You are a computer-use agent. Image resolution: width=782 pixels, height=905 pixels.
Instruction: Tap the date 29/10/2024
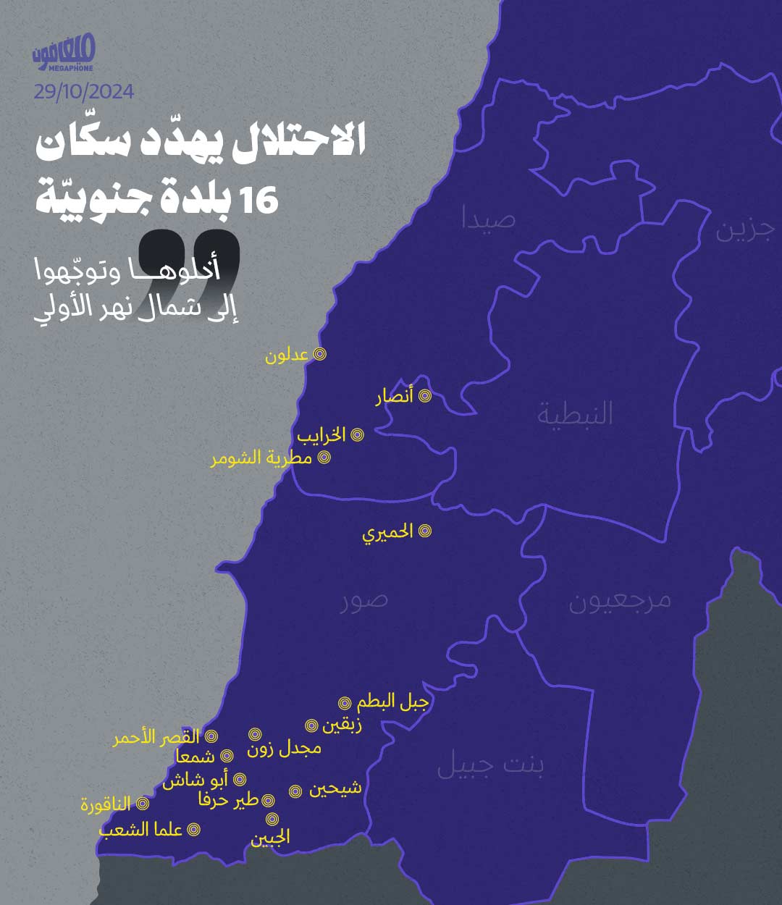[83, 92]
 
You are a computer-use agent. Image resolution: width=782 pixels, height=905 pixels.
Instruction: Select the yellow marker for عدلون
[319, 354]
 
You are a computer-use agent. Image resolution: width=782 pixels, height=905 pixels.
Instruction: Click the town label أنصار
[395, 397]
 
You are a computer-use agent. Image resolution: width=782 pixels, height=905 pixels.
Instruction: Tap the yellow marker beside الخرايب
[357, 435]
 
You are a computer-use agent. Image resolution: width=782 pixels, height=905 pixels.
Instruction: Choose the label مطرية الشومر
[261, 458]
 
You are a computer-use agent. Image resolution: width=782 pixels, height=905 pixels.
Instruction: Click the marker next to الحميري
[425, 531]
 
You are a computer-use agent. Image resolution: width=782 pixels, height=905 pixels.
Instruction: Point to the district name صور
[364, 600]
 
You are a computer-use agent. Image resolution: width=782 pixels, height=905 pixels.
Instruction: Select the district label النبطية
[575, 413]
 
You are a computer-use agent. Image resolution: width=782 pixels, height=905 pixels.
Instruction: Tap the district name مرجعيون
[620, 601]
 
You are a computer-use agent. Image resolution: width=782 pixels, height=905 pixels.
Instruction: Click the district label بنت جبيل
[490, 765]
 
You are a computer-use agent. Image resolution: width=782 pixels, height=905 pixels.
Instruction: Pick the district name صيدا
[489, 219]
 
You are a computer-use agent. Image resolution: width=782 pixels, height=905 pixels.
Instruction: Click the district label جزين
[745, 230]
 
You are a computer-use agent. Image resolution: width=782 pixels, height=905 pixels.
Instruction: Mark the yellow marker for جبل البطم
[345, 703]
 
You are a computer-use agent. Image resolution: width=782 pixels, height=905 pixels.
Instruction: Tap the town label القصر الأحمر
[156, 738]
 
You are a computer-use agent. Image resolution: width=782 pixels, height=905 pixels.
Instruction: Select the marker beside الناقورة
[143, 804]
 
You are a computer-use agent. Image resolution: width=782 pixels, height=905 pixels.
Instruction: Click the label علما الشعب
[140, 830]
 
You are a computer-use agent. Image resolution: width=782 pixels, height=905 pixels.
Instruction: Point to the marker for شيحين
[295, 791]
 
